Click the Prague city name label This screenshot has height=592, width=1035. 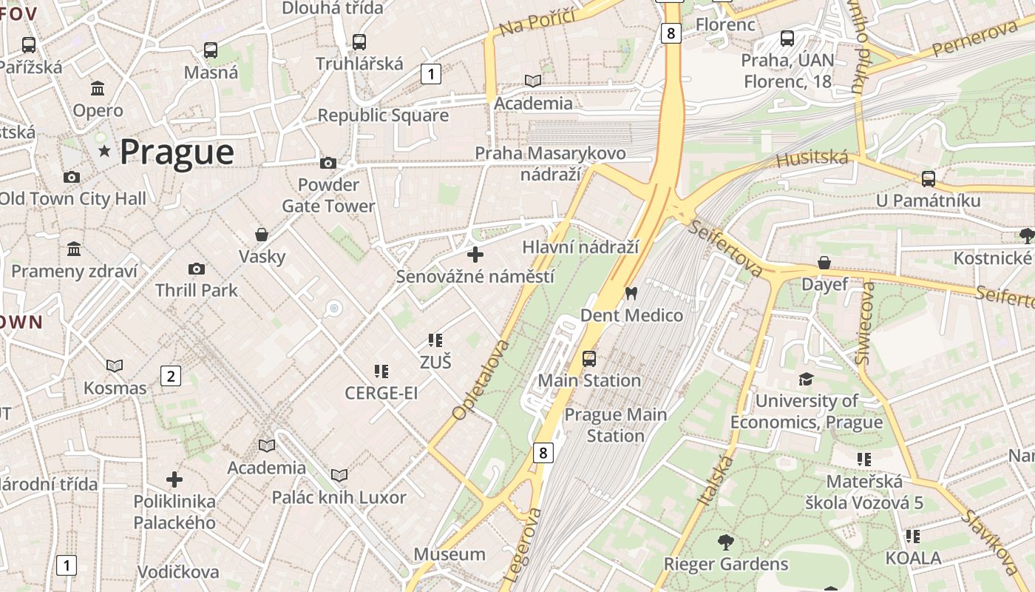177,152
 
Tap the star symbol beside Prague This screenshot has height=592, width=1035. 104,152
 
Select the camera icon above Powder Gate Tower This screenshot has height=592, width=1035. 328,163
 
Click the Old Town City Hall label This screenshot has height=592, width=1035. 72,198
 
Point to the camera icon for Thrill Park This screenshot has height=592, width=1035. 197,269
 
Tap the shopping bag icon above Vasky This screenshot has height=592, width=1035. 262,235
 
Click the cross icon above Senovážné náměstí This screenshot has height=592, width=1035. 475,255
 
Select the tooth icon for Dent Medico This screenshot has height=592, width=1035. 631,293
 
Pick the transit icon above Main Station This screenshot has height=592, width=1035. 589,359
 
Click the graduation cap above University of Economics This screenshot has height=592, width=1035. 806,380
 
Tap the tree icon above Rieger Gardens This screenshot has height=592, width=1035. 726,542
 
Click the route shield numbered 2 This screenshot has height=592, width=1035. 171,376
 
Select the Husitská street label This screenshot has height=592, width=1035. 812,158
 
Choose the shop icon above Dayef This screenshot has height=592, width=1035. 824,263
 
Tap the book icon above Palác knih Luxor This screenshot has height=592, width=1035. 339,475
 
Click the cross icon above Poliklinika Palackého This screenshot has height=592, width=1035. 174,480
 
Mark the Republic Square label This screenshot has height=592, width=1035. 383,115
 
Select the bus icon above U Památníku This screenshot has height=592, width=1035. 929,178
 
